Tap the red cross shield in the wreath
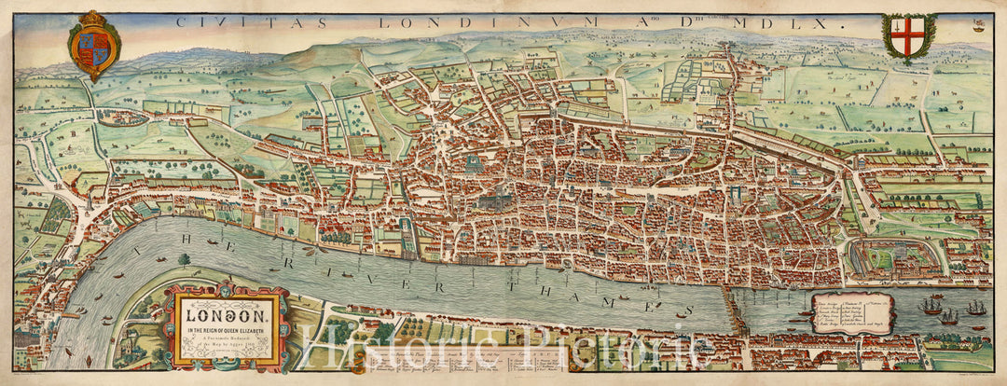908,38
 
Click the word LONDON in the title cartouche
219,305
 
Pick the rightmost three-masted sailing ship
974,307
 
